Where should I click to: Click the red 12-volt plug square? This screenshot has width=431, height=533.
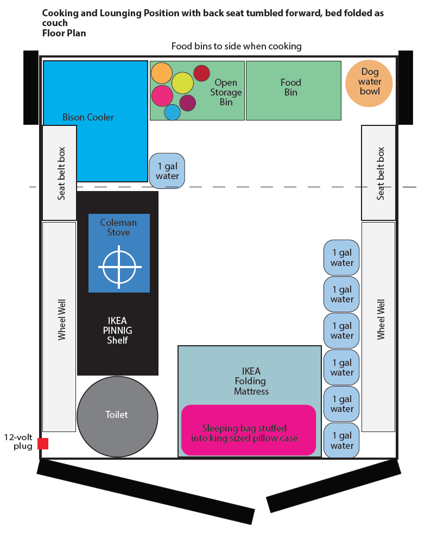[43, 443]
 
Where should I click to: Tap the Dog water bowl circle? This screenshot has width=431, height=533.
[370, 82]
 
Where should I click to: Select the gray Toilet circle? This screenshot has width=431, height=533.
[117, 415]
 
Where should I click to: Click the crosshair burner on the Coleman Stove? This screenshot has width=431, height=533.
[119, 267]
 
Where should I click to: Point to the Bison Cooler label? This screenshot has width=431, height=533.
[88, 117]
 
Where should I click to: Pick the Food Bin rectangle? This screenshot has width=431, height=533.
[293, 90]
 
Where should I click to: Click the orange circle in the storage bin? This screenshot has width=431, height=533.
[162, 73]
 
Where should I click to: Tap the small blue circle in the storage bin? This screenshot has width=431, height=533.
[172, 112]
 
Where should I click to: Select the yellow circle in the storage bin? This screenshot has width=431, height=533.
[182, 83]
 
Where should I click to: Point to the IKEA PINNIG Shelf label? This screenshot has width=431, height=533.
[117, 331]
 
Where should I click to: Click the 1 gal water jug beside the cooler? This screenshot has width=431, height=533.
[167, 170]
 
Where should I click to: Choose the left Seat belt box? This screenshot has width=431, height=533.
[60, 173]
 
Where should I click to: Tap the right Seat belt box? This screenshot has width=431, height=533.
[379, 173]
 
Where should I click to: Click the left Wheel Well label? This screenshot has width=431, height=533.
[61, 320]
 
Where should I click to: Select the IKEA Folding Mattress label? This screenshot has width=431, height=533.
[251, 381]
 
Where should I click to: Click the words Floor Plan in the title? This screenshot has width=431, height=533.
[64, 33]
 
